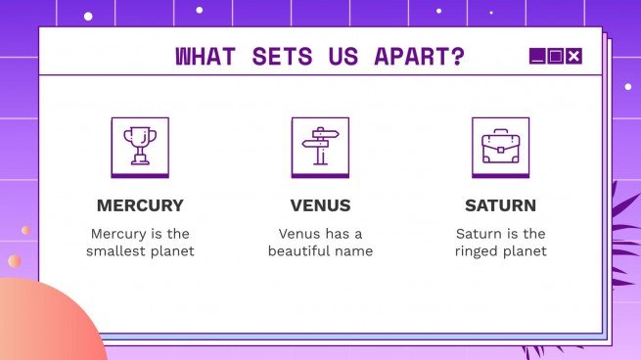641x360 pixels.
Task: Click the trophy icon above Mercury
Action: click(140, 146)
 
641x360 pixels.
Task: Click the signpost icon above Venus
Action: click(320, 146)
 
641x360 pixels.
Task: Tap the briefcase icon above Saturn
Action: click(500, 146)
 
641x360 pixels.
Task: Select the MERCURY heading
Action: click(140, 205)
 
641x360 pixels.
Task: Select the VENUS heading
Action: click(320, 205)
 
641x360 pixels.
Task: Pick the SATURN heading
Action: click(500, 205)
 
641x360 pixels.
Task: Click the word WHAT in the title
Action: click(206, 57)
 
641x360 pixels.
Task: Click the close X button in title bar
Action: click(574, 57)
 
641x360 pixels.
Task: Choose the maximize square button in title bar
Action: click(555, 57)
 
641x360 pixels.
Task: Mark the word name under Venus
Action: click(354, 251)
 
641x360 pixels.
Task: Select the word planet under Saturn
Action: click(526, 251)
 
